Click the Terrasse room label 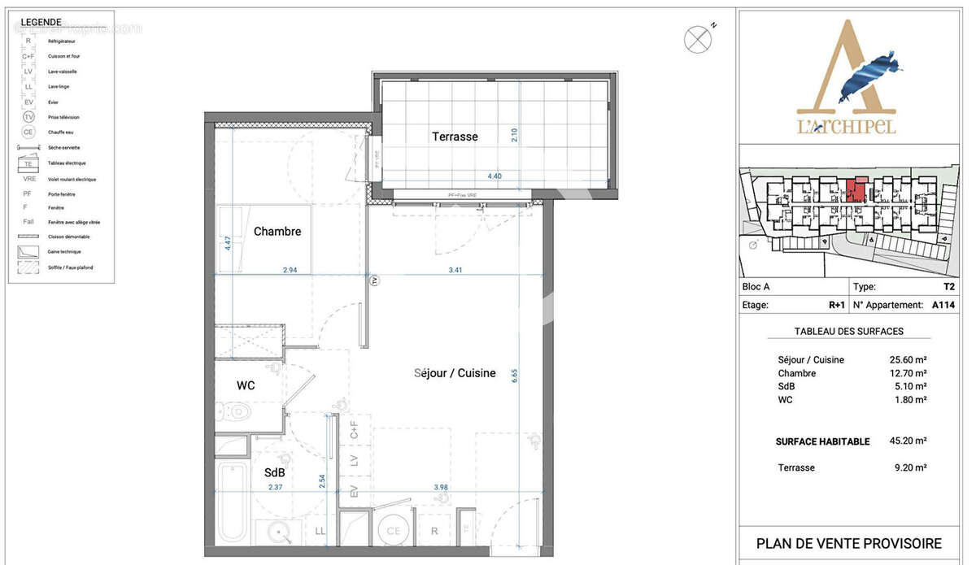coord(455,137)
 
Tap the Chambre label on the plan coord(277,232)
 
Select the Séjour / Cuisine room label coord(455,373)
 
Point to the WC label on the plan coord(246,385)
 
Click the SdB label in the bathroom coord(274,472)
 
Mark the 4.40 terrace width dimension coord(494,175)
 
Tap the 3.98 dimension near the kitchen coord(441,488)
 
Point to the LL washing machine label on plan coord(320,531)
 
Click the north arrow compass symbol coord(697,39)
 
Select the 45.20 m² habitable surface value coord(908,441)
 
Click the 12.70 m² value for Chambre coord(908,373)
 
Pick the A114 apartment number coord(943,306)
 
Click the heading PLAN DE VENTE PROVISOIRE coord(848,544)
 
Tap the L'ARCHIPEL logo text coord(846,127)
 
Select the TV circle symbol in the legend coord(28,117)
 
